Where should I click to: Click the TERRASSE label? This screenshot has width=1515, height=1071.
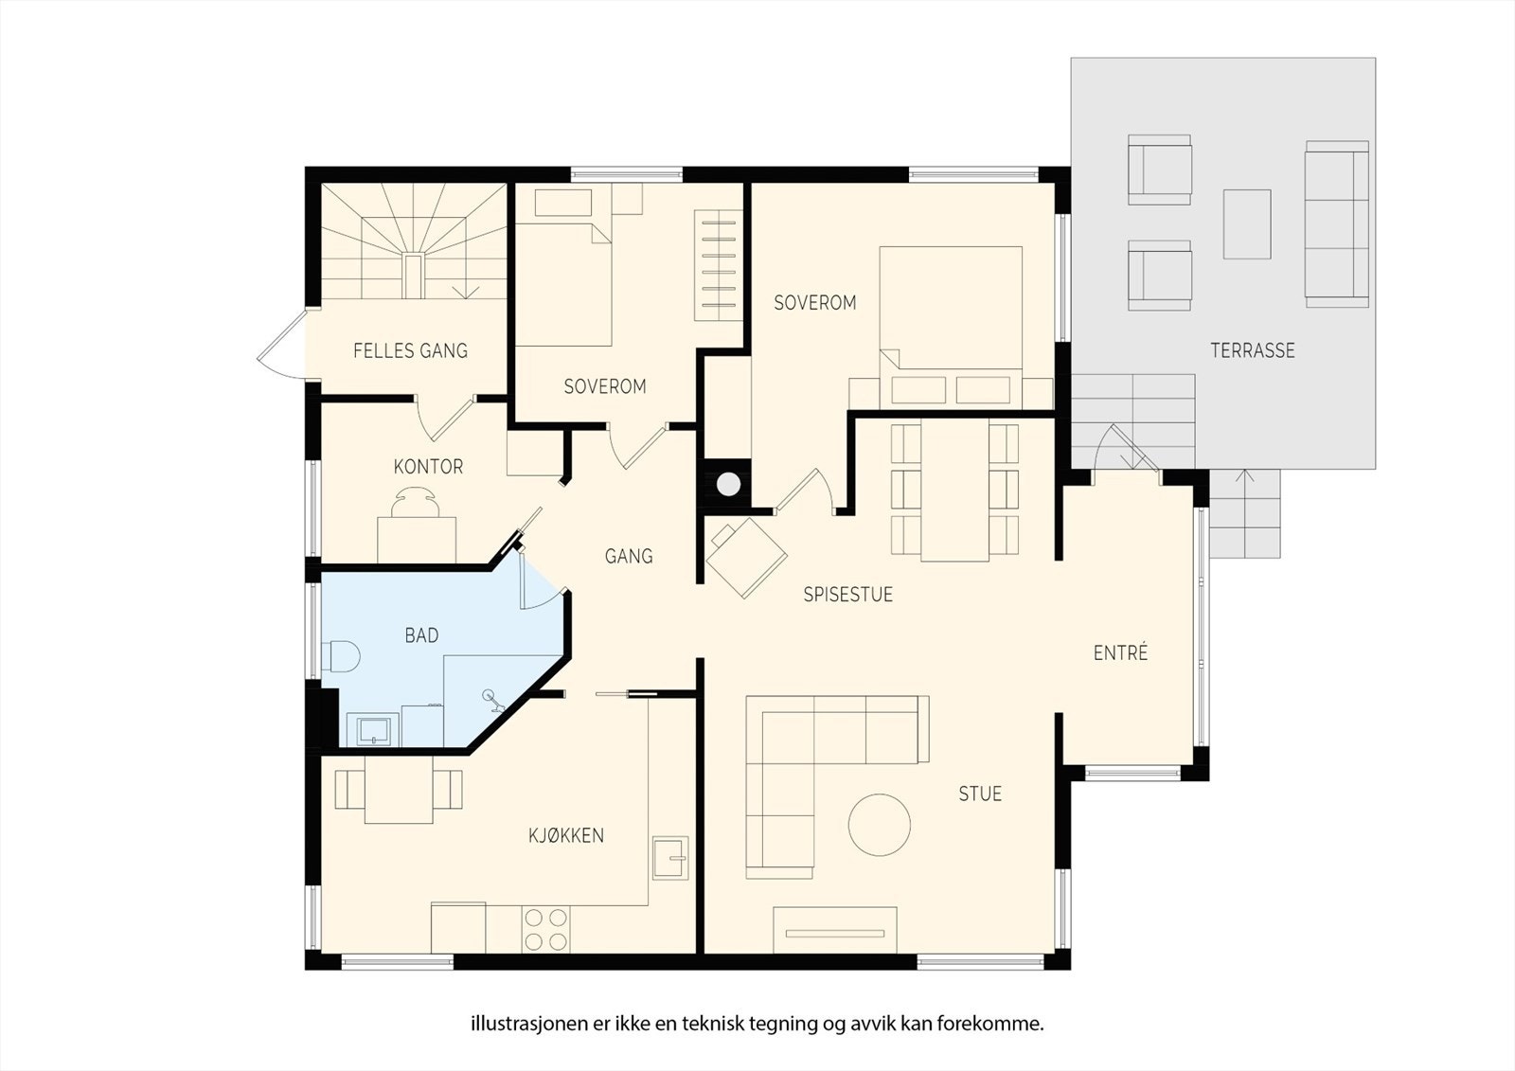(x=1253, y=350)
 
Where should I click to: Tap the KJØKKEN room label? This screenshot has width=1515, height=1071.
(x=566, y=835)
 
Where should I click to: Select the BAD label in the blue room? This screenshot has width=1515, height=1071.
(x=421, y=635)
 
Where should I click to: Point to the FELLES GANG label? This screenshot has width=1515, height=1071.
(x=411, y=350)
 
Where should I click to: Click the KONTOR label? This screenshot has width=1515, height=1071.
(x=428, y=467)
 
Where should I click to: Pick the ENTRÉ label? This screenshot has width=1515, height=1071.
(x=1121, y=652)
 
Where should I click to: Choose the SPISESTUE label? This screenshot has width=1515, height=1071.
(x=848, y=595)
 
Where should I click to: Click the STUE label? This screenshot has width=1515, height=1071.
(x=980, y=794)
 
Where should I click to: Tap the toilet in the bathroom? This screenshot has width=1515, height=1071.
(x=341, y=656)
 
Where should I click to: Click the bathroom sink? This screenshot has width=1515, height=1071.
(x=373, y=731)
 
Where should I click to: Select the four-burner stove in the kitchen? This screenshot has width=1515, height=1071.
(x=545, y=930)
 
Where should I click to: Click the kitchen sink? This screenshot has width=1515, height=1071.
(x=670, y=858)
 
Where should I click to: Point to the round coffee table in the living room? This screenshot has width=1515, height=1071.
(x=880, y=826)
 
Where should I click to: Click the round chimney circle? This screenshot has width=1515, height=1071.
(x=728, y=484)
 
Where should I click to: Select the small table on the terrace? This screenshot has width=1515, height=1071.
(x=1247, y=223)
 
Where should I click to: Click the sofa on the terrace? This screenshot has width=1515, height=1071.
(x=1337, y=223)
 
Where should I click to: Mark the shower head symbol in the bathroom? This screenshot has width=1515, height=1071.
(x=493, y=700)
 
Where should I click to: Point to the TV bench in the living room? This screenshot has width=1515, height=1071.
(x=835, y=930)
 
